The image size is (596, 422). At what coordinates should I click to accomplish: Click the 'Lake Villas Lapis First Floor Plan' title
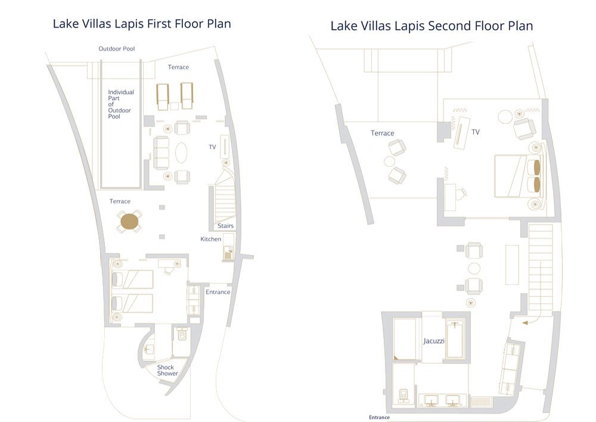click(142, 24)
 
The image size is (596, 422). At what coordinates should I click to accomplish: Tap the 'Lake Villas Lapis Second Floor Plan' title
click(432, 26)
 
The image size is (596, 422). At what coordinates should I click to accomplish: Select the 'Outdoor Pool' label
click(117, 49)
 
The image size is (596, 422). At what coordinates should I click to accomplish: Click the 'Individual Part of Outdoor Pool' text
click(121, 104)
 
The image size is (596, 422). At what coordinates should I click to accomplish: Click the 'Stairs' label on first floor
click(225, 226)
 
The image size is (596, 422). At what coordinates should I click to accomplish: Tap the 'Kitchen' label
click(210, 239)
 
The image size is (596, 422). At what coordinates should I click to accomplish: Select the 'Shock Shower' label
click(167, 370)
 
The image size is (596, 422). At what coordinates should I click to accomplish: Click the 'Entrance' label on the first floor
click(218, 292)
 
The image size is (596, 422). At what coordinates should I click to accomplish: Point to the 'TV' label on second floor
click(476, 132)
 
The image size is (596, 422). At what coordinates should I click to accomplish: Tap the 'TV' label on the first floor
click(212, 146)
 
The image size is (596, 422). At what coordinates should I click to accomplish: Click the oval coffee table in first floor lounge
click(181, 151)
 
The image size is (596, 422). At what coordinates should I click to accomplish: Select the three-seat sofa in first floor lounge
click(162, 152)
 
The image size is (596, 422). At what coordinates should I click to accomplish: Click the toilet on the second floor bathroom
click(404, 395)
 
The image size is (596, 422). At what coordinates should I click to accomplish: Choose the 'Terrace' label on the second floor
click(383, 133)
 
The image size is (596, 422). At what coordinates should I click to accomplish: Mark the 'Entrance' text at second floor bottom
click(379, 417)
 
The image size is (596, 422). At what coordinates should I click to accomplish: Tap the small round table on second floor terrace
click(390, 161)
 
